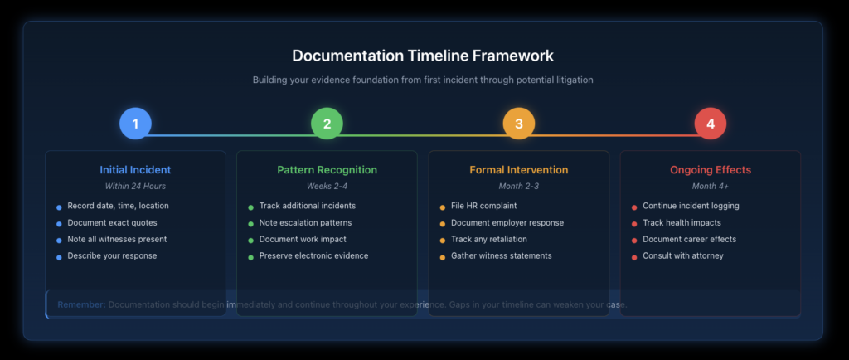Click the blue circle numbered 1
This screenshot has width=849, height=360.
tap(135, 124)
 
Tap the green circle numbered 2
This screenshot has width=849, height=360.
tap(327, 124)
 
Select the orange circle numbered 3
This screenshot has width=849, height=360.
tap(519, 124)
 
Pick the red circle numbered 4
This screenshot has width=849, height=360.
tap(711, 124)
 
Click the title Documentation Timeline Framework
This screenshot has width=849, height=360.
tap(423, 56)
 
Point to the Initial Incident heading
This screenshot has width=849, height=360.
tap(135, 170)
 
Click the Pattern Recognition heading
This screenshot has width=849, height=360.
tap(327, 170)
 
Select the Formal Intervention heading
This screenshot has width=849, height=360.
tap(519, 170)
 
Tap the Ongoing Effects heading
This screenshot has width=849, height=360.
tap(710, 170)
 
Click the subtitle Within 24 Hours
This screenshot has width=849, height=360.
tap(135, 187)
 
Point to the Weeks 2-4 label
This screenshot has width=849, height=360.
tap(327, 187)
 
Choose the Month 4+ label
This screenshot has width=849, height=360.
tap(710, 187)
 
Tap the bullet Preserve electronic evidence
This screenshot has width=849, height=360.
tap(314, 255)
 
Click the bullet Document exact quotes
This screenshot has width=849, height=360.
tap(112, 222)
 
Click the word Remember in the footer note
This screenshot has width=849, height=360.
tap(81, 304)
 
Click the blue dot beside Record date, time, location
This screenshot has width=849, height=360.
tap(59, 207)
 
